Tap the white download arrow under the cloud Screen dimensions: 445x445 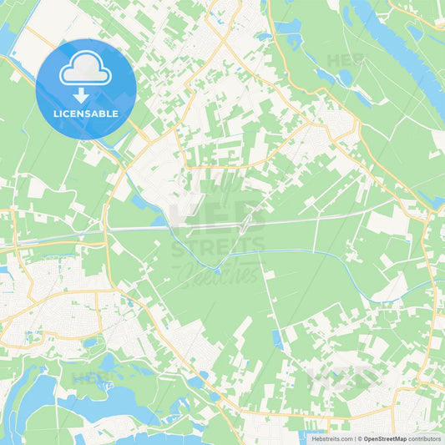86,94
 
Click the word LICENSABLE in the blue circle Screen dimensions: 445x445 86,114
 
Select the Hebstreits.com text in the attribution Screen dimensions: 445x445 331,438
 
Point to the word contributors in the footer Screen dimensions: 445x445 424,438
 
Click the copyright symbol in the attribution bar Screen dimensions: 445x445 359,438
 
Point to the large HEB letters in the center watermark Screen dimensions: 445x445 219,216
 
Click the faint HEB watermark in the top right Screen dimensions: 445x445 345,60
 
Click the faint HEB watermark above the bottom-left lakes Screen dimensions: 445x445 92,377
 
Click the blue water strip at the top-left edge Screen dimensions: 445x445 7,38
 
